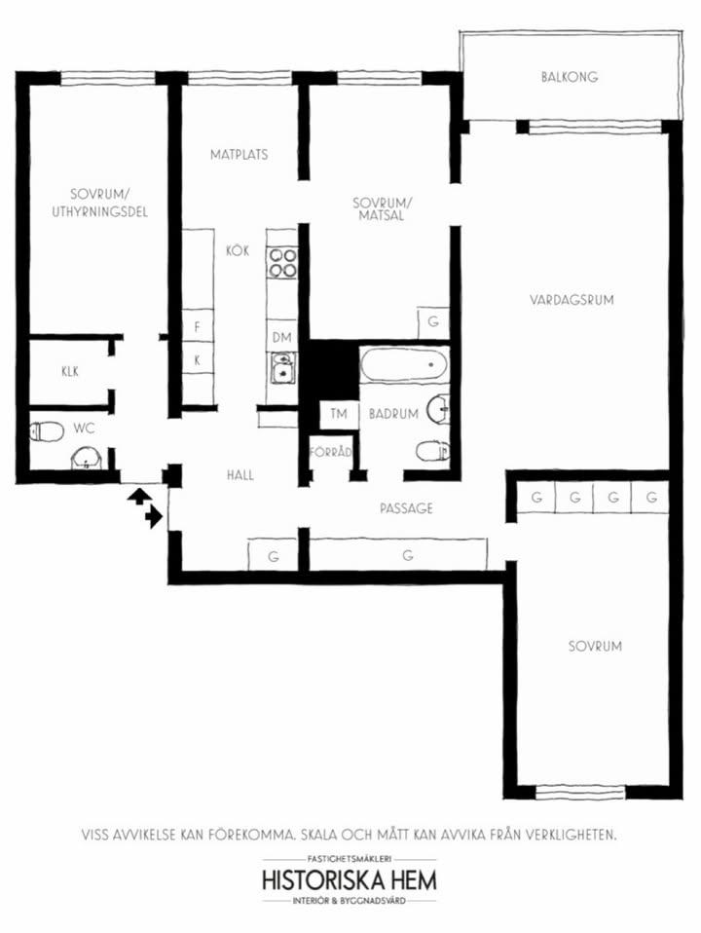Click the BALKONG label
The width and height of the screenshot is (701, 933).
coord(569,77)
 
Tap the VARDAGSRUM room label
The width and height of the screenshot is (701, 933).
coord(572,299)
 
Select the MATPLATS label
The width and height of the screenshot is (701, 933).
coord(239,154)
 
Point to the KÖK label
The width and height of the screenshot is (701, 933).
coord(238,250)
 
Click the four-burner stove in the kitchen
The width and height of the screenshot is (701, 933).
coord(282,263)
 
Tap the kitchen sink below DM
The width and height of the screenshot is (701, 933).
coord(282,368)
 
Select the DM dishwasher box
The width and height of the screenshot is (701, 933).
coord(282,337)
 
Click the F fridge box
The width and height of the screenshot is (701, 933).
coord(198,326)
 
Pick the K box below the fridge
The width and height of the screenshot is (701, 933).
coord(198,358)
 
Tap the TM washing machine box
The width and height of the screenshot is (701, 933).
coord(339,414)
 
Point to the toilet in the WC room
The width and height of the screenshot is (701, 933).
coord(47,430)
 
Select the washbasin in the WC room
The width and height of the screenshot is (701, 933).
coord(88,459)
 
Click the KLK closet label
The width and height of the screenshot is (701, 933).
coord(70,371)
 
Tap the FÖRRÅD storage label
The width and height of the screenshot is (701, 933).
coord(330,452)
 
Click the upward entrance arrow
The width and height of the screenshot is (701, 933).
coord(137,497)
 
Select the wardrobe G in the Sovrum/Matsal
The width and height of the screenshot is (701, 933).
coord(433,322)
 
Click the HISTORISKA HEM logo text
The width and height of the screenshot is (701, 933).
coord(350,879)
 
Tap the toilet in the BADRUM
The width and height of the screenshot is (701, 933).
coord(432,451)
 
